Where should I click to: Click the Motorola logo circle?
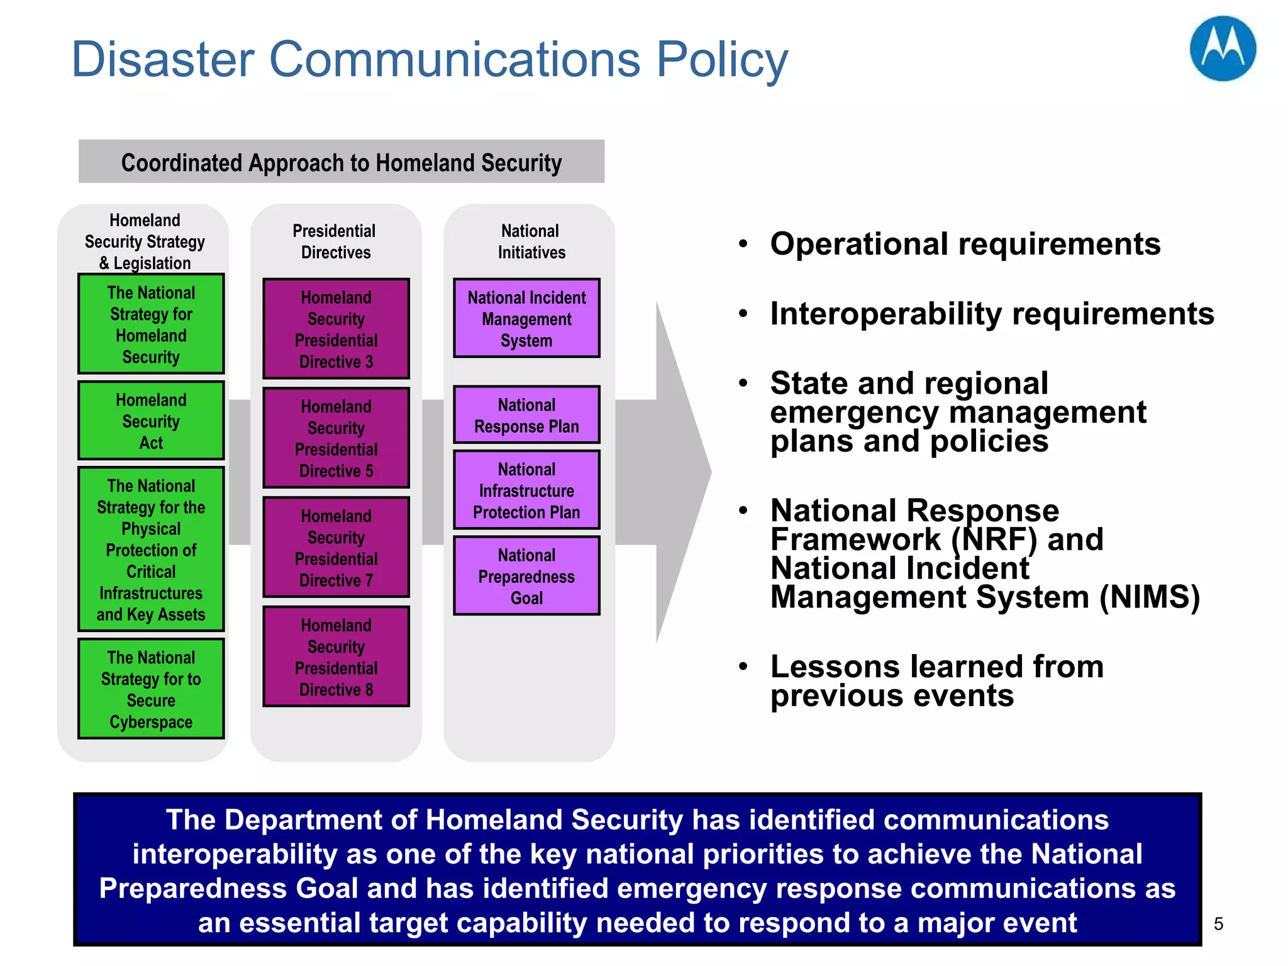point(1222,49)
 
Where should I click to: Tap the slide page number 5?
point(1218,924)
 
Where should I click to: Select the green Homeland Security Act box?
point(151,421)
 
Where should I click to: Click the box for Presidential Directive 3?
point(336,329)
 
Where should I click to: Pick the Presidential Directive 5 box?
point(336,438)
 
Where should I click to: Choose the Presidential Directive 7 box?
point(336,548)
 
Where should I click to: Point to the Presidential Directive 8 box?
point(336,657)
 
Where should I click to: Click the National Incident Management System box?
point(526,319)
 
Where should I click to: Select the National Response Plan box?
point(526,415)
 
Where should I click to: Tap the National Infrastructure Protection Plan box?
point(526,491)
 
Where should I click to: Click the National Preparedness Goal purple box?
point(526,576)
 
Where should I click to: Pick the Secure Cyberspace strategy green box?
point(151,689)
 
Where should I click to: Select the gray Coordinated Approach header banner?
point(341,162)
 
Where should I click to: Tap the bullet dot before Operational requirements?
point(743,244)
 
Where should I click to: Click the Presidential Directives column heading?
point(335,241)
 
